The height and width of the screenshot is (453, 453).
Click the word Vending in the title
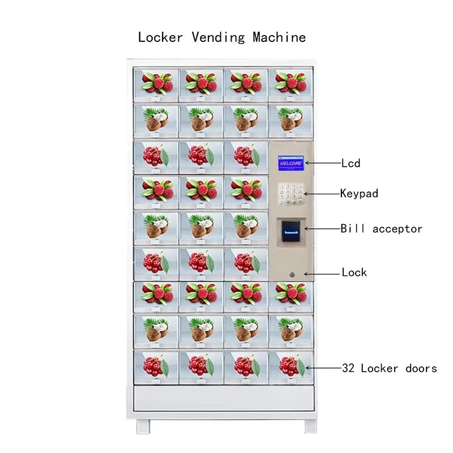[x=218, y=38]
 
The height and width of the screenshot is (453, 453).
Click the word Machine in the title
[x=279, y=37]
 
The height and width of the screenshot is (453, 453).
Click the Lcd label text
[x=351, y=164]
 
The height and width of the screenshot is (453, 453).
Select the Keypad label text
[x=359, y=194]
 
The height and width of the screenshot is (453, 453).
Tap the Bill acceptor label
[x=381, y=229]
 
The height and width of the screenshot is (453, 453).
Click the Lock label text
[x=354, y=272]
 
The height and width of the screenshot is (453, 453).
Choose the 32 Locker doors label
[x=389, y=368]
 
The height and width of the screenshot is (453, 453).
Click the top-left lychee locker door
[x=156, y=83]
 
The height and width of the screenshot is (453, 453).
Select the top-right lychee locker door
[x=290, y=83]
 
